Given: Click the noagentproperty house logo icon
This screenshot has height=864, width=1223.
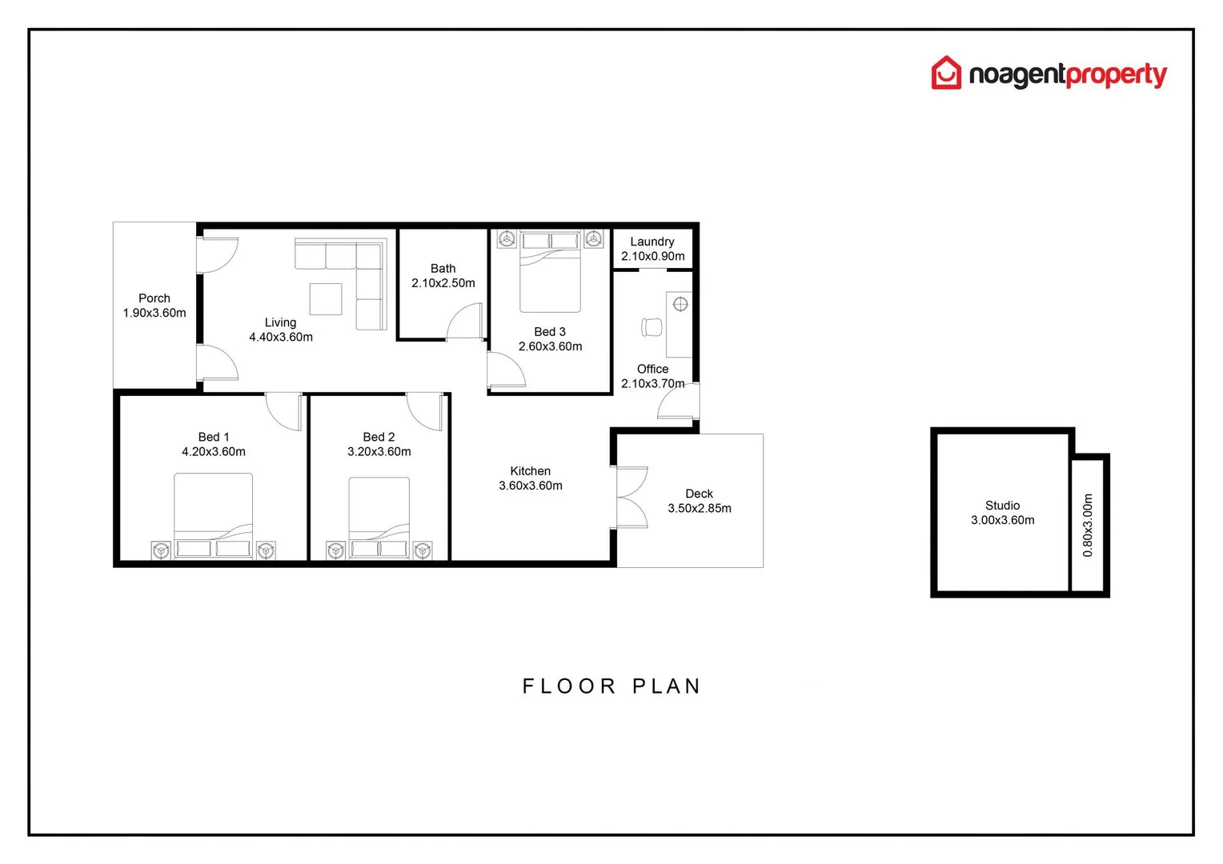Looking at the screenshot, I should click(x=945, y=73).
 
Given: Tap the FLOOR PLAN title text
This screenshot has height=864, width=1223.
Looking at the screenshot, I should click(x=611, y=686).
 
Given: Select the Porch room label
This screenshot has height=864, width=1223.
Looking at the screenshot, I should click(x=154, y=298).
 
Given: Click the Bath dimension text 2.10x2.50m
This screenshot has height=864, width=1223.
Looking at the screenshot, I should click(x=443, y=283).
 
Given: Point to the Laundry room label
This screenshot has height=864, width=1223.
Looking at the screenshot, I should click(x=652, y=242).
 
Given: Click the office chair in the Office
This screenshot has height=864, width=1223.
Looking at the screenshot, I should click(x=652, y=327).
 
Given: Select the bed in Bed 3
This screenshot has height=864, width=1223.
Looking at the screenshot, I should click(x=550, y=272).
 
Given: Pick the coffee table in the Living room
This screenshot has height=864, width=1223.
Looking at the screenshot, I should click(x=326, y=299).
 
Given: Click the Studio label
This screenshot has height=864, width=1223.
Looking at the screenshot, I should click(x=1002, y=506).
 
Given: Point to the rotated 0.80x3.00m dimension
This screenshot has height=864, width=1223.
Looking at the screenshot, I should click(x=1088, y=525).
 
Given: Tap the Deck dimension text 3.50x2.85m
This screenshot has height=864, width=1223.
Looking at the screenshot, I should click(x=700, y=509).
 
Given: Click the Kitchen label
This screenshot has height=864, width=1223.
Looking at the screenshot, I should click(x=530, y=471).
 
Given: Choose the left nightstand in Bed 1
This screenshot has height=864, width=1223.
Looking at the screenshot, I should click(x=161, y=550).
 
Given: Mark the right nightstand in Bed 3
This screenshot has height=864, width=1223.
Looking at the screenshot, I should click(x=593, y=239).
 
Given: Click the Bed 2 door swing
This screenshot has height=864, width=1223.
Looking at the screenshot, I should click(x=424, y=411).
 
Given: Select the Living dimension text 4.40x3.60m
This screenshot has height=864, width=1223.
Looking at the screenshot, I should click(x=281, y=338).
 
